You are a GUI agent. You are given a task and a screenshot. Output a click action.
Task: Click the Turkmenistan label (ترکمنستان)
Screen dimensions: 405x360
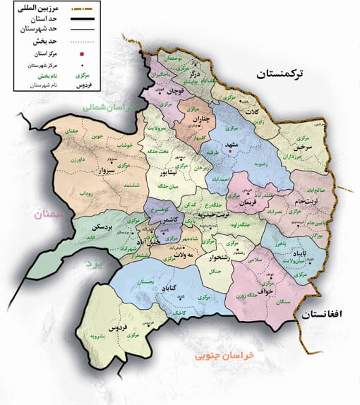pyautogui.click(x=287, y=74)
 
